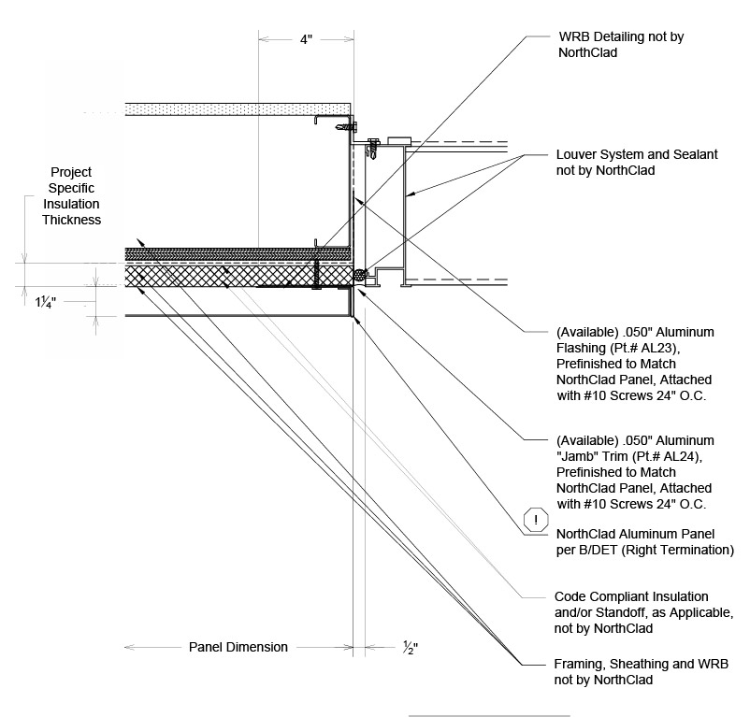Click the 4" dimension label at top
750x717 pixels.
[306, 40]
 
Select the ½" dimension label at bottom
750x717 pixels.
[410, 646]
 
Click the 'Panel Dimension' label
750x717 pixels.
[238, 646]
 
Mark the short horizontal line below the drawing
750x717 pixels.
[489, 715]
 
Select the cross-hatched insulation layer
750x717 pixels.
[234, 277]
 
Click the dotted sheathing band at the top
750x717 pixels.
[234, 108]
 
